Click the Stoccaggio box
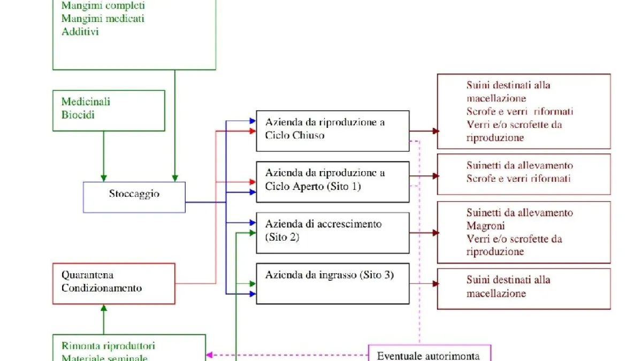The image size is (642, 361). click(134, 197)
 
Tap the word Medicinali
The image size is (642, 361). click(86, 102)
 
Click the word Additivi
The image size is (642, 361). click(80, 32)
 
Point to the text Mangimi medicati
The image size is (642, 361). click(103, 19)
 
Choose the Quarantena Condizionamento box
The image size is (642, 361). click(113, 283)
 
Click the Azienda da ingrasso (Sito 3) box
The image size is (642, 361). click(332, 283)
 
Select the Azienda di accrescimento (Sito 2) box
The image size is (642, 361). click(332, 233)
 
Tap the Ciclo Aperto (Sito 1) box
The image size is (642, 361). click(332, 182)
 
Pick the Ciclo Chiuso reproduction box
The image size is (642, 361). click(332, 130)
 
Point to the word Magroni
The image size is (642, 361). click(485, 226)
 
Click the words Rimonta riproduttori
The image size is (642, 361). click(108, 346)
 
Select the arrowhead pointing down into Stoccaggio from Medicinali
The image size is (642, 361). click(104, 178)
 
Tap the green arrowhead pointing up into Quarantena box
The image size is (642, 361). click(104, 308)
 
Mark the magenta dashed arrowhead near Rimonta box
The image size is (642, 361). click(210, 355)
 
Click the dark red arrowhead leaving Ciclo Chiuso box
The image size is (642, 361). click(435, 130)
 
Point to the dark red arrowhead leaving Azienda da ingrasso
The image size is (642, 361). click(435, 283)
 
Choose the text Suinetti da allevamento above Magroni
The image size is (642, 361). click(519, 213)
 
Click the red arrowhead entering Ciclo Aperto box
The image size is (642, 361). click(253, 182)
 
